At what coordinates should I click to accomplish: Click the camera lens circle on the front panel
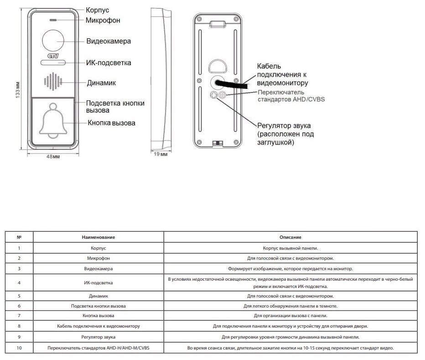53,41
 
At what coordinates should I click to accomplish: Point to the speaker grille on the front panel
53,82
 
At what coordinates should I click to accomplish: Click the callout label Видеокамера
109,41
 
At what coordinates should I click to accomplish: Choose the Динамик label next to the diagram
101,83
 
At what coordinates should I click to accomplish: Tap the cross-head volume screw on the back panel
213,95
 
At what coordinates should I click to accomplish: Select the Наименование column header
98,237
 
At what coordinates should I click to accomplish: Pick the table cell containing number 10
19,348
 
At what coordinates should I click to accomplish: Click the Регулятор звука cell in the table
98,337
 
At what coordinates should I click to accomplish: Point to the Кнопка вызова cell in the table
98,315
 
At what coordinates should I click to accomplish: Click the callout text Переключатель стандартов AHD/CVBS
291,96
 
